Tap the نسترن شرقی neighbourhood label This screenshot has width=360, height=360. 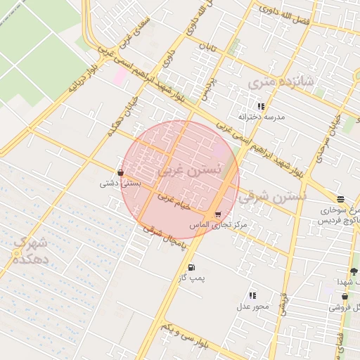click(x=272, y=198)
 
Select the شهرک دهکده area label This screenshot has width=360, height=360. click(x=30, y=251)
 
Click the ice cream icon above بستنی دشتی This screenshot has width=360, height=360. click(x=121, y=172)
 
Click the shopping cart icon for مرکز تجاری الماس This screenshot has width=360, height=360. click(x=217, y=214)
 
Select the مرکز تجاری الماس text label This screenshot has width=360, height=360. click(x=219, y=224)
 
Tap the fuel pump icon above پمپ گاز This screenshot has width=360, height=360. click(x=191, y=267)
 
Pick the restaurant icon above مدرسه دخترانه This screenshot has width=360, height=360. click(x=261, y=106)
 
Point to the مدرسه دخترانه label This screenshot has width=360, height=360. click(x=259, y=117)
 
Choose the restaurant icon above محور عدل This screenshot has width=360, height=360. click(x=252, y=295)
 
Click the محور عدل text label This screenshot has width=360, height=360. click(x=252, y=306)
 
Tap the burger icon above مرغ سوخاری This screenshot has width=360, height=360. click(x=341, y=200)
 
